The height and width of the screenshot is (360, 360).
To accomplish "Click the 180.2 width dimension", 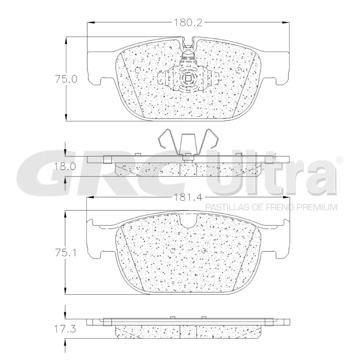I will pos(188,23).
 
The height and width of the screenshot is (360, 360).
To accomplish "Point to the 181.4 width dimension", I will pos(188,197).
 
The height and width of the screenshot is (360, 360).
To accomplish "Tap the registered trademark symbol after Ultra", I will pos(339,160).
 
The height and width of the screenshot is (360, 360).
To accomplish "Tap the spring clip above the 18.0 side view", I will pos(188,142).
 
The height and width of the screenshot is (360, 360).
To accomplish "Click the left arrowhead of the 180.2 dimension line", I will pos(90,23).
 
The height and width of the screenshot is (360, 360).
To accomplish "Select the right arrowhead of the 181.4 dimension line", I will pos(287,197).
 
